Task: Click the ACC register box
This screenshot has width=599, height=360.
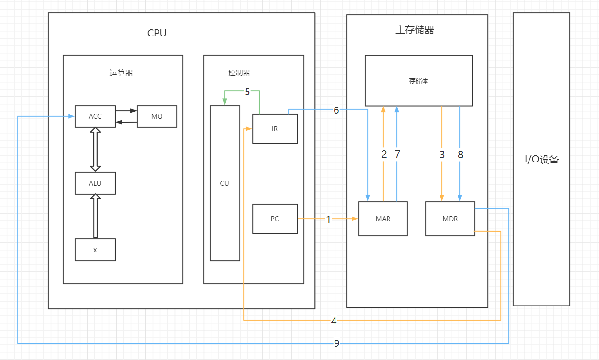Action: [95, 116]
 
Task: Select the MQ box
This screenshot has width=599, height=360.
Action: [157, 116]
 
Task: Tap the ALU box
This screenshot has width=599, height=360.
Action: [95, 183]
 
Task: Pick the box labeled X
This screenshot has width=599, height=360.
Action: [95, 250]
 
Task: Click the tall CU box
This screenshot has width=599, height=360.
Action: [225, 183]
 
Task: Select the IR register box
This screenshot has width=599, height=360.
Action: [275, 129]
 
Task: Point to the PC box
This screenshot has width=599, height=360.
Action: [275, 219]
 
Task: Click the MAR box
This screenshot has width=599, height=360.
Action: [383, 219]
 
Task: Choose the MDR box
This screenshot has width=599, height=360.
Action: [450, 219]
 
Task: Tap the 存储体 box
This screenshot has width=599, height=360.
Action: [418, 81]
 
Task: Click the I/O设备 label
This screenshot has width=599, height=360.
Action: [542, 159]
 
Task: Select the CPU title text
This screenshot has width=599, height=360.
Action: [157, 33]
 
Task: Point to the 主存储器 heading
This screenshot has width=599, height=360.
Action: [415, 30]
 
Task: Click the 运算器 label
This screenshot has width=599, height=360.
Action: [121, 73]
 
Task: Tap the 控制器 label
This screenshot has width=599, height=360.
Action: [239, 73]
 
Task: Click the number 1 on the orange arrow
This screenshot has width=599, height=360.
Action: [328, 220]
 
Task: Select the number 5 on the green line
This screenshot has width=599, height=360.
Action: [247, 92]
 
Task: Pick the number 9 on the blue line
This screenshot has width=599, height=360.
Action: [336, 344]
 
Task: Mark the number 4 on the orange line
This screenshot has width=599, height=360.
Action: [334, 321]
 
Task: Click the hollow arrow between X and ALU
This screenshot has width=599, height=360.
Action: [95, 216]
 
